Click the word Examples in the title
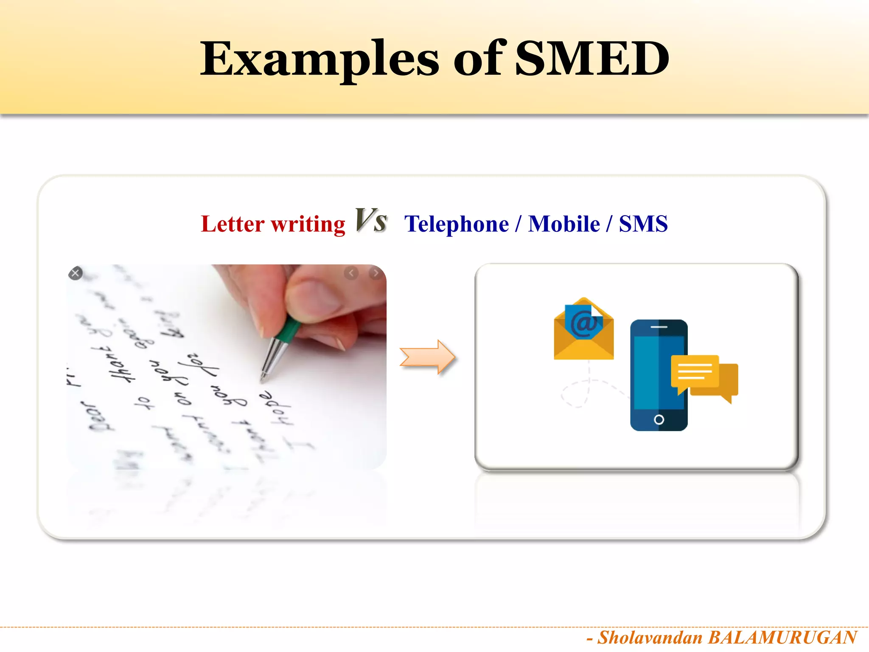320,59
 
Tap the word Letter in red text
233,224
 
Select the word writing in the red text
308,225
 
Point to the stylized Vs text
371,221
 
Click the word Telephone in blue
457,224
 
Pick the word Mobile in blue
564,224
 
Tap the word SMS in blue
643,224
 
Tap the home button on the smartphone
659,419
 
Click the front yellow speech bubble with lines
695,371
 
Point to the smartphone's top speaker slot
659,327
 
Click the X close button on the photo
76,273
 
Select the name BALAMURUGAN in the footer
782,638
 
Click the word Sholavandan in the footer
650,638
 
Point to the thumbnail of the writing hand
227,367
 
